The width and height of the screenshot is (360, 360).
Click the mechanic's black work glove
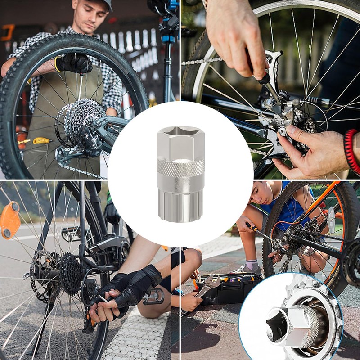click(74, 63)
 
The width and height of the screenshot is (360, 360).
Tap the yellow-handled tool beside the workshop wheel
click(41, 140)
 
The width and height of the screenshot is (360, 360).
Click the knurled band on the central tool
click(180, 167)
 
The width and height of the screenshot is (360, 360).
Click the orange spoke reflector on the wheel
click(9, 220)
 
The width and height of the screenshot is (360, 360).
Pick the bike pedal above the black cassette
click(70, 234)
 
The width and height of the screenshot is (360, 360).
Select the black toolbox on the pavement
click(230, 288)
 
